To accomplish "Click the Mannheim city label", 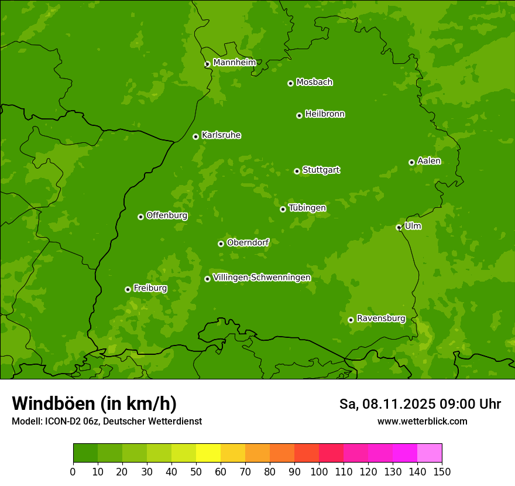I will pos(234,63).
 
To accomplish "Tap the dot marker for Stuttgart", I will pos(297,171).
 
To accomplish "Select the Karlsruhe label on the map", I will pos(221,135).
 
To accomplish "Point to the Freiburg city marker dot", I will pos(128,289).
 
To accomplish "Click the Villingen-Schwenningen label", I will pos(262,278).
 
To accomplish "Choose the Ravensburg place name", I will pos(380,319).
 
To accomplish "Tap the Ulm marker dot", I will pos(399,227).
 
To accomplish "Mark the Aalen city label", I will pos(428,161).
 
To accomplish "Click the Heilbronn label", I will pos(324,114).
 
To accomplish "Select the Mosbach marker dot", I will pos(290,83).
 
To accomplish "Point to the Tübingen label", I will pos(307,208).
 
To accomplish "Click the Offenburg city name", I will pos(166,215).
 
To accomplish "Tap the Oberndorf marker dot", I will pos(221,244).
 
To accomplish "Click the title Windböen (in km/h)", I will pos(94,403).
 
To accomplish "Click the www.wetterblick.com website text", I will pos(422,421).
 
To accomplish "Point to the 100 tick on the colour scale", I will pos(319,471).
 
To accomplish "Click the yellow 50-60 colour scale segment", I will pos(208,453).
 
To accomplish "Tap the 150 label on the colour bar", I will pos(442,471).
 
